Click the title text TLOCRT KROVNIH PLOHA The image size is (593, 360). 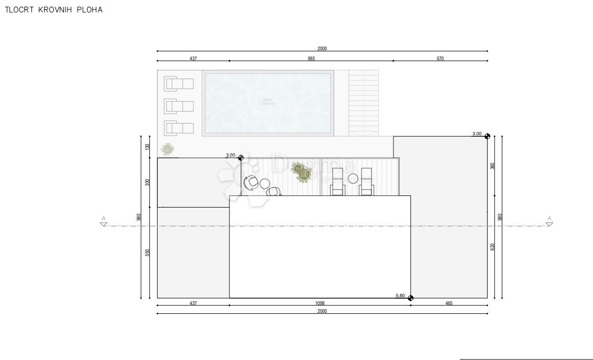point(53,10)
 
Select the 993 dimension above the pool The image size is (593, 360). point(311,59)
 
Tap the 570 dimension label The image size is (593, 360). point(440,59)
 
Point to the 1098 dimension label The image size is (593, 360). point(320,303)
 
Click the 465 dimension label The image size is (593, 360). point(449,303)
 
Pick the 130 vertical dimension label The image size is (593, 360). point(148,147)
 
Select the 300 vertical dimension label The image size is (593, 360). point(148,182)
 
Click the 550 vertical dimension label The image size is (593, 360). point(148,253)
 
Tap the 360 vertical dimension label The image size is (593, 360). point(492,166)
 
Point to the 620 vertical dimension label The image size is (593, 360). point(492,247)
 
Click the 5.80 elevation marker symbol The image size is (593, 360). point(411,298)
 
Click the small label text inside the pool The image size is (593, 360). point(268,102)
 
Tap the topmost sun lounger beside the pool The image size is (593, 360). point(179,84)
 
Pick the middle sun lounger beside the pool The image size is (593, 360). point(179,106)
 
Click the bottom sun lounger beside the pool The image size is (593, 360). point(179,128)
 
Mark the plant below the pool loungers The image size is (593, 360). point(167,150)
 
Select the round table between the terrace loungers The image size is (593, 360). point(353,179)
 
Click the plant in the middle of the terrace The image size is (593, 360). point(302,171)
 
